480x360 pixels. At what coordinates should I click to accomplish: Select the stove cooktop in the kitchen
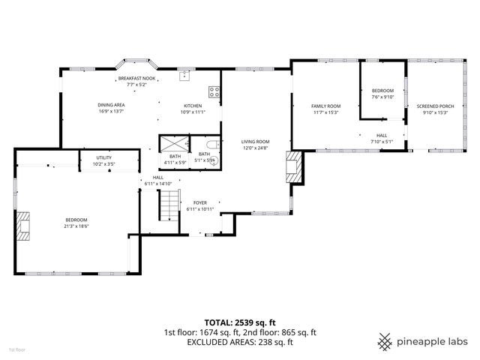pyautogui.click(x=214, y=92)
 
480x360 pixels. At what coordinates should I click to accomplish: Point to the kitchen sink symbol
pyautogui.click(x=184, y=75)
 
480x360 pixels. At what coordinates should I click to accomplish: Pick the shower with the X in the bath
pyautogui.click(x=173, y=143)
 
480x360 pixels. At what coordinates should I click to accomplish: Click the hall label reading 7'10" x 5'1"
pyautogui.click(x=381, y=139)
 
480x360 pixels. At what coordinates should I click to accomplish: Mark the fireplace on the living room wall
pyautogui.click(x=295, y=167)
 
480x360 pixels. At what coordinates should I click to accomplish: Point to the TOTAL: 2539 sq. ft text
pyautogui.click(x=240, y=322)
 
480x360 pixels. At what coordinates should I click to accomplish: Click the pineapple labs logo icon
pyautogui.click(x=385, y=341)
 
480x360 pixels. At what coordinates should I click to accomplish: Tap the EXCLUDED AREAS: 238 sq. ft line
pyautogui.click(x=240, y=342)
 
